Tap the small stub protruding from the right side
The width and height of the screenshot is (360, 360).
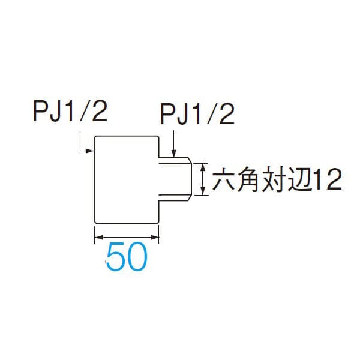tap(175, 179)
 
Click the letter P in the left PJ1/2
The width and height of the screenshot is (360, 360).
tap(40, 112)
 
